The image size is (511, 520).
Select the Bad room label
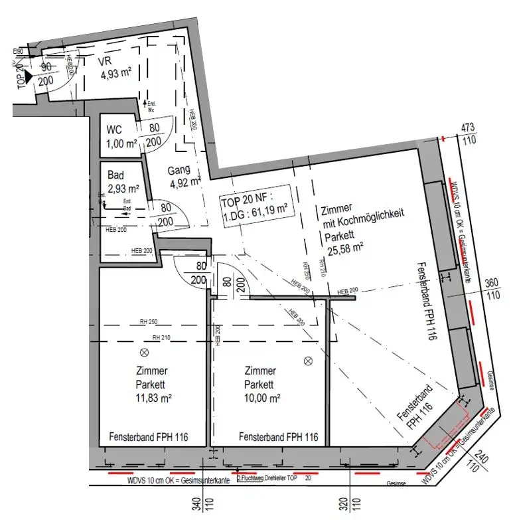(x=115, y=176)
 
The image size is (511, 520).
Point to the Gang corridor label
(x=179, y=169)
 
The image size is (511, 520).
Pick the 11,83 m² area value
(x=154, y=398)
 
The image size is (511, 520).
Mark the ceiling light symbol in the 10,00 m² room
(x=307, y=361)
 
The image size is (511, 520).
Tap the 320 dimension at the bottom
(x=343, y=505)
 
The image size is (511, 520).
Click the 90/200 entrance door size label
(x=48, y=67)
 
